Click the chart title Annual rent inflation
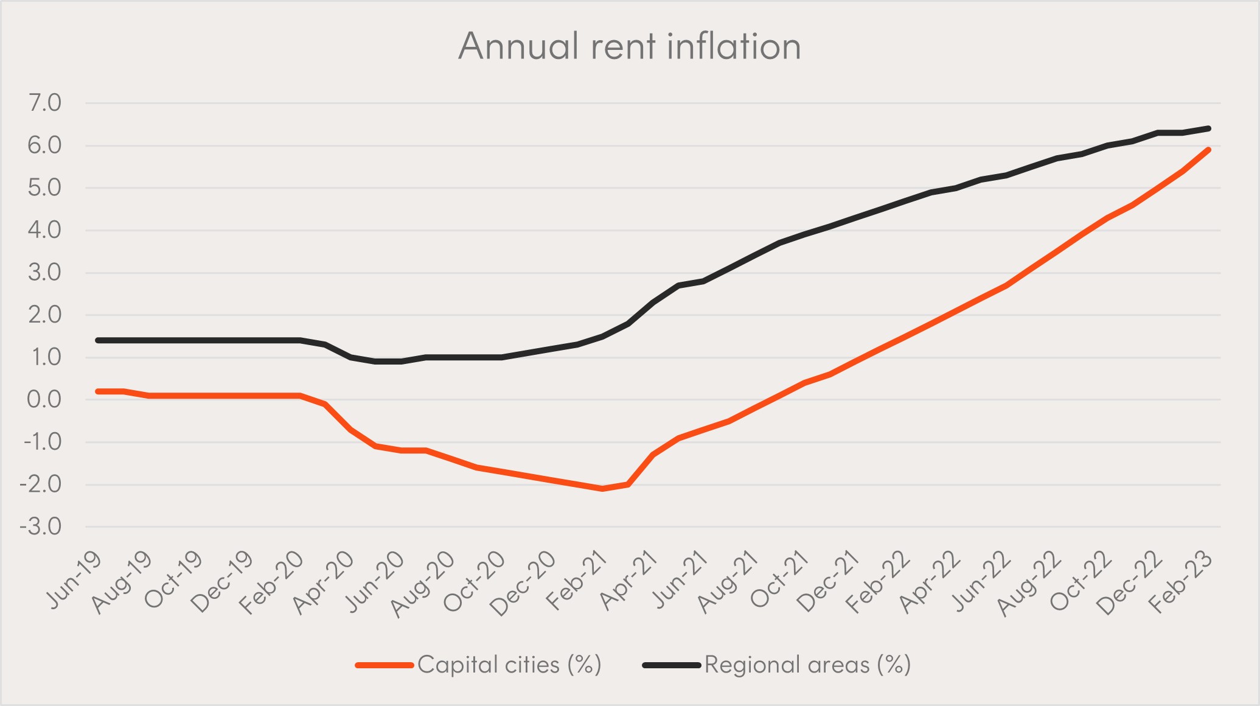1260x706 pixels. coord(629,46)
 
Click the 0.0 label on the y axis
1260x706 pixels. coord(44,399)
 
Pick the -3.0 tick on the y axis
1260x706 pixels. coord(41,526)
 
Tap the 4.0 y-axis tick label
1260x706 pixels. coord(44,230)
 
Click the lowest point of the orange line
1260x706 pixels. coord(602,489)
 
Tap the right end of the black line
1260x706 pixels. coord(1208,128)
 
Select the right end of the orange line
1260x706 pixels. coord(1208,150)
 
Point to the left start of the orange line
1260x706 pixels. coord(98,391)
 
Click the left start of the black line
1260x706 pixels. coord(98,340)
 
